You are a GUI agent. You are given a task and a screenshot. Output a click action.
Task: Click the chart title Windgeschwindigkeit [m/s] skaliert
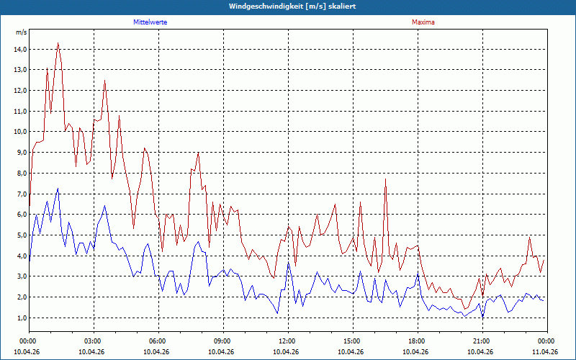[292, 6]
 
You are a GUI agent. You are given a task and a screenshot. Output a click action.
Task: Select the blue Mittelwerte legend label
[150, 22]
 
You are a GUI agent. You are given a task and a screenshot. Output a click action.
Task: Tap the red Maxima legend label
[423, 22]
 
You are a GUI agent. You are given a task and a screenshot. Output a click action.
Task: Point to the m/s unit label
[22, 32]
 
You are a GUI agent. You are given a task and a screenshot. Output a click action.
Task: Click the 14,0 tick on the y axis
[20, 49]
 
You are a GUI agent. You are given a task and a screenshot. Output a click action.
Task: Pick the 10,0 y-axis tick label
[20, 132]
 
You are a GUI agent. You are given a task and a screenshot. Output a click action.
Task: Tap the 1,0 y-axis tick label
[22, 318]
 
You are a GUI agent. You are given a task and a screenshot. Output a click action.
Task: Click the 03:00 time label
[94, 341]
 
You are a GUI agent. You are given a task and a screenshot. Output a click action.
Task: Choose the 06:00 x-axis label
[158, 341]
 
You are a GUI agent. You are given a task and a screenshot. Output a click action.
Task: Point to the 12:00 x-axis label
[289, 341]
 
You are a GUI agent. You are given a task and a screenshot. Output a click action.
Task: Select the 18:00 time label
[418, 341]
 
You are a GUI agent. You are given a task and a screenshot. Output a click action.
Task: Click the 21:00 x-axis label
[482, 341]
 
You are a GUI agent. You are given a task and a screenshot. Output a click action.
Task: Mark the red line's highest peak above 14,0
[58, 43]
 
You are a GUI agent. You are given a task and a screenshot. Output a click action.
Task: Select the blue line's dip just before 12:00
[277, 313]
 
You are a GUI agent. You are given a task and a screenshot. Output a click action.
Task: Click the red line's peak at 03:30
[104, 81]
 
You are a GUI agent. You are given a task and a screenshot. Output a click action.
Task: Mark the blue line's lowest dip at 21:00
[482, 317]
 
